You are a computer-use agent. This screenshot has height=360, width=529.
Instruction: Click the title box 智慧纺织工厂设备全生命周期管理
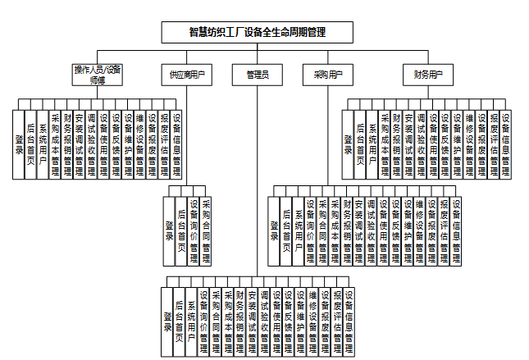[x=258, y=32]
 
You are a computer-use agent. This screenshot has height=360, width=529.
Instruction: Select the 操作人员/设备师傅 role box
[x=97, y=74]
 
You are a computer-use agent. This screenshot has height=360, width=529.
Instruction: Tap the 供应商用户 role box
[x=186, y=75]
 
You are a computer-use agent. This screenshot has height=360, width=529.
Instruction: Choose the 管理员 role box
[x=258, y=75]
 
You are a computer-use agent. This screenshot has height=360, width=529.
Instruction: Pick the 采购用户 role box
[x=327, y=75]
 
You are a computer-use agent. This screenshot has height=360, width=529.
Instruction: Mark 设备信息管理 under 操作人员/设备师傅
[x=176, y=144]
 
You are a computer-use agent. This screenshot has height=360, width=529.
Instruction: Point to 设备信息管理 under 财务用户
[x=506, y=144]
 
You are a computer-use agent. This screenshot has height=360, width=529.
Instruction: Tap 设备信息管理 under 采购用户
[x=456, y=230]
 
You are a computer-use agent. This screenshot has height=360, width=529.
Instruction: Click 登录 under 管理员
[x=167, y=320]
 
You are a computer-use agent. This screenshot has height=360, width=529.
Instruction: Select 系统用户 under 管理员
[x=192, y=320]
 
